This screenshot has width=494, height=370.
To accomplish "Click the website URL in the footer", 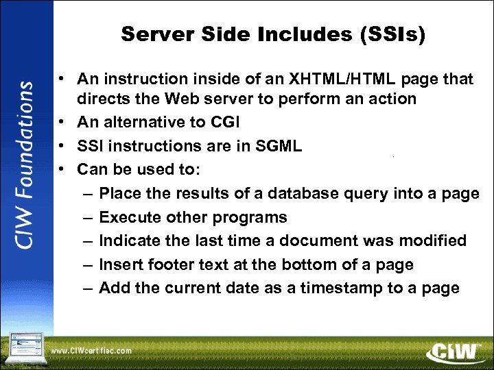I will (91, 351).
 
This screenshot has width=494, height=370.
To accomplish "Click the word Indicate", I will (128, 241).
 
